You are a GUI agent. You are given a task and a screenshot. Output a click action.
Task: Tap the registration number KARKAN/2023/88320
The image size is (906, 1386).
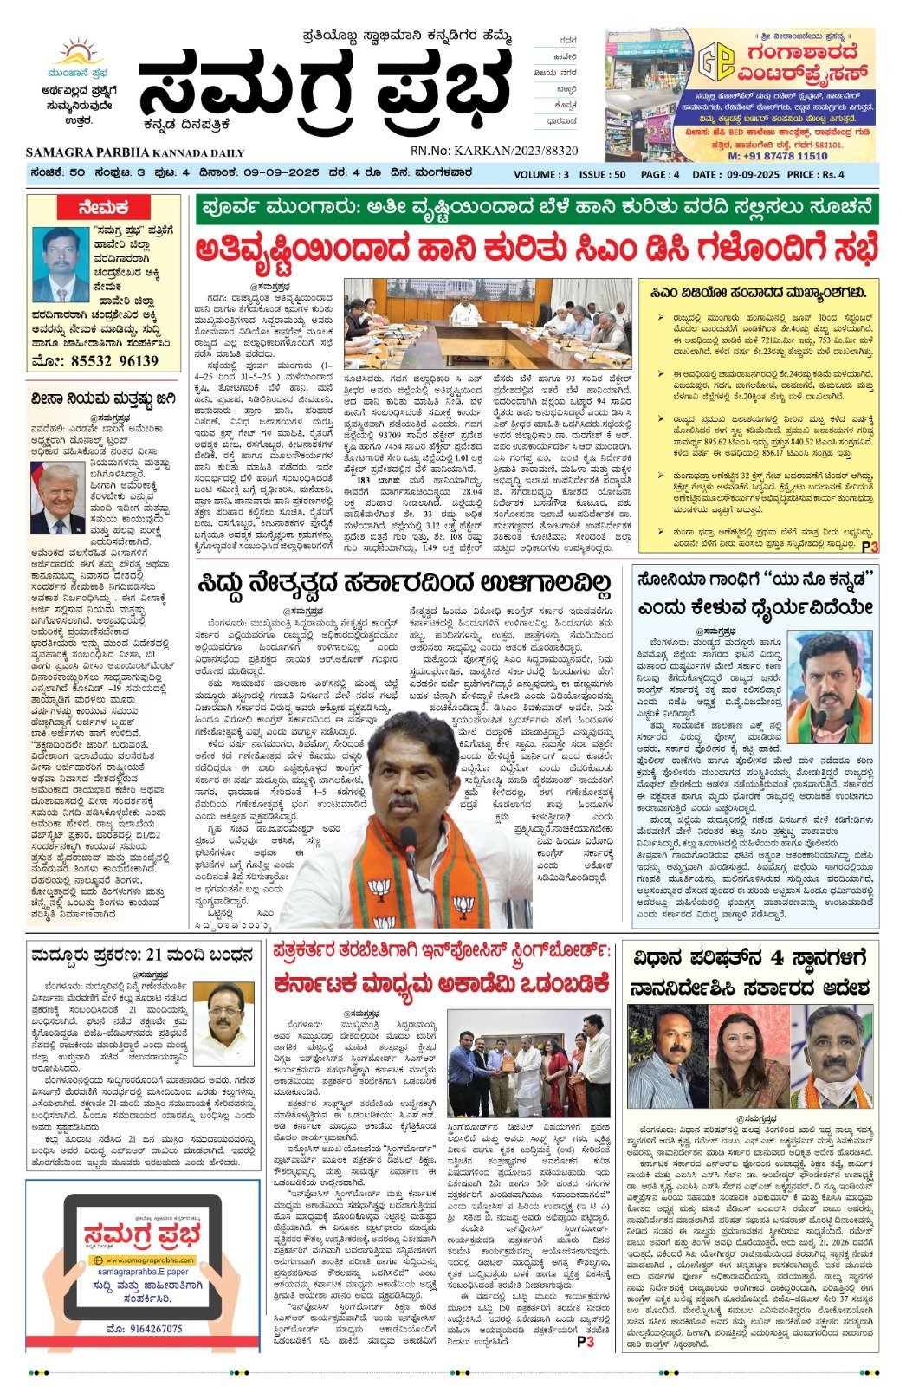495,151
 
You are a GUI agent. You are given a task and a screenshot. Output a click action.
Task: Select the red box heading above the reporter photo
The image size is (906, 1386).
103,207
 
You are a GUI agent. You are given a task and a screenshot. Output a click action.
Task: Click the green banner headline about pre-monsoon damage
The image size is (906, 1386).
536,209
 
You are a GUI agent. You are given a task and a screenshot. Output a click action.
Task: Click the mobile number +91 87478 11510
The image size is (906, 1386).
777,156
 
